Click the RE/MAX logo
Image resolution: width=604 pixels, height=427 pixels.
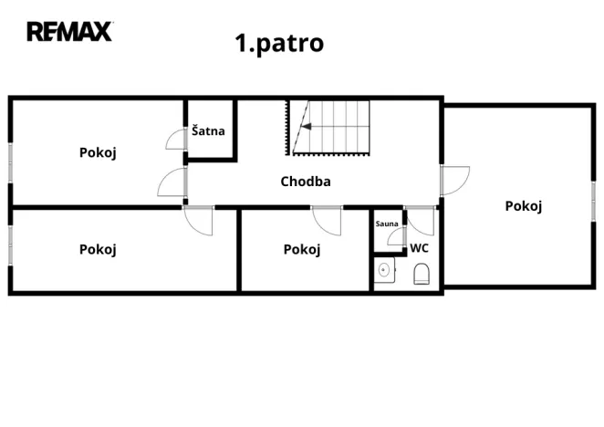click(x=69, y=31)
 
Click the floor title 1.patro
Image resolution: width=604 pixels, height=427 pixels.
click(x=279, y=43)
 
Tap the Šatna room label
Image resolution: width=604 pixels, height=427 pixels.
click(x=208, y=131)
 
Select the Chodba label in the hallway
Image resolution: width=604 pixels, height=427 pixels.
click(x=306, y=181)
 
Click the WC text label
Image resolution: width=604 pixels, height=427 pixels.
click(x=419, y=247)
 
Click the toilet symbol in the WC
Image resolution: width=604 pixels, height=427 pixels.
click(x=422, y=274)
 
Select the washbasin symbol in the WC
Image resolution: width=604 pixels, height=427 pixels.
click(x=384, y=271)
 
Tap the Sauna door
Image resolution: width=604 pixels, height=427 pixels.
click(x=396, y=237)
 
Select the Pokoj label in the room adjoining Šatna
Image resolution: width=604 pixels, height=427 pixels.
click(x=98, y=152)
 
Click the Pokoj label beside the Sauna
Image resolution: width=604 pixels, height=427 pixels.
click(x=302, y=249)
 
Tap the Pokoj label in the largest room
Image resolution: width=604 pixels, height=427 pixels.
click(x=524, y=205)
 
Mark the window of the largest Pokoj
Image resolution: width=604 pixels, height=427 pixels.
click(x=594, y=199)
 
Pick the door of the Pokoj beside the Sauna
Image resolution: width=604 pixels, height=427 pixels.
click(x=326, y=220)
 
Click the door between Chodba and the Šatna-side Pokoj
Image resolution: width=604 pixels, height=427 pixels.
click(x=172, y=182)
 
